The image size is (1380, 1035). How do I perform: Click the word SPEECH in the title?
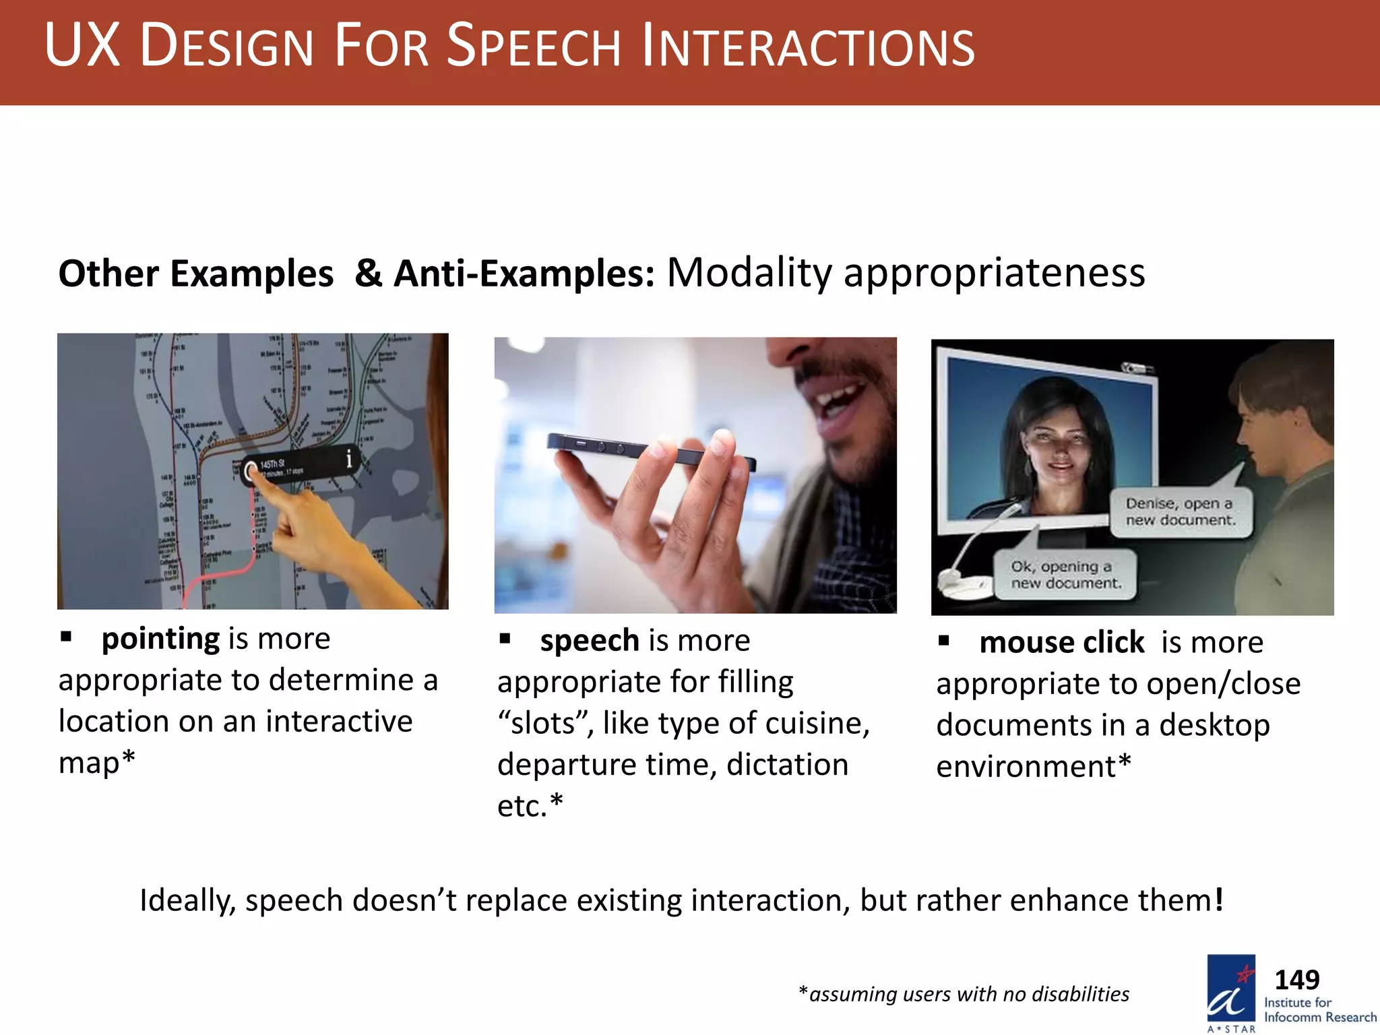pyautogui.click(x=532, y=47)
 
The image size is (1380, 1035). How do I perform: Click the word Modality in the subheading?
pyautogui.click(x=749, y=273)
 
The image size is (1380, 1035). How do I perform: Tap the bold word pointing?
pyautogui.click(x=160, y=639)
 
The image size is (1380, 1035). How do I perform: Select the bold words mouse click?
pyautogui.click(x=1061, y=642)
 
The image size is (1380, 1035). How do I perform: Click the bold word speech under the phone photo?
pyautogui.click(x=589, y=640)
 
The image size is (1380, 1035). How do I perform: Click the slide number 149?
pyautogui.click(x=1296, y=979)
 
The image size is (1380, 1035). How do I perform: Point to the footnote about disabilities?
pyautogui.click(x=964, y=994)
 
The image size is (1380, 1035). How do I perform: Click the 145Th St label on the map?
pyautogui.click(x=272, y=464)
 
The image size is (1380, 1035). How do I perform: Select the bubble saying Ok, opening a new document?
pyautogui.click(x=1065, y=575)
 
